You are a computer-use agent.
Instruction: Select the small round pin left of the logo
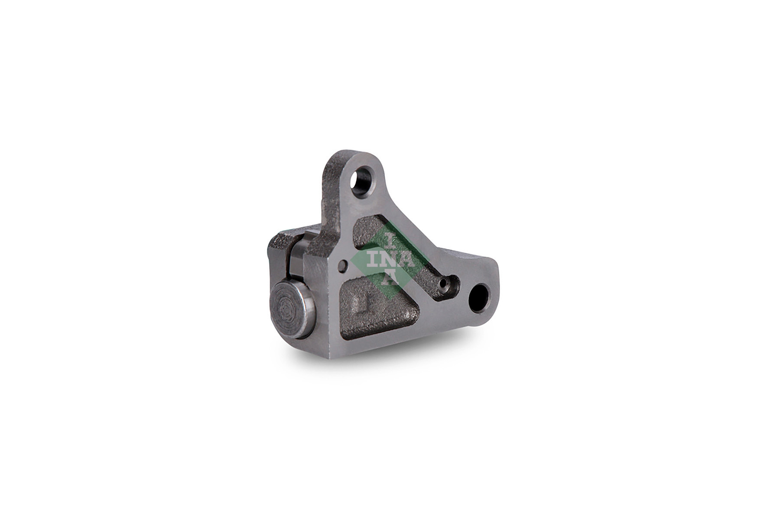344,265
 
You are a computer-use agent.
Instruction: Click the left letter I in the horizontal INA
373,259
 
